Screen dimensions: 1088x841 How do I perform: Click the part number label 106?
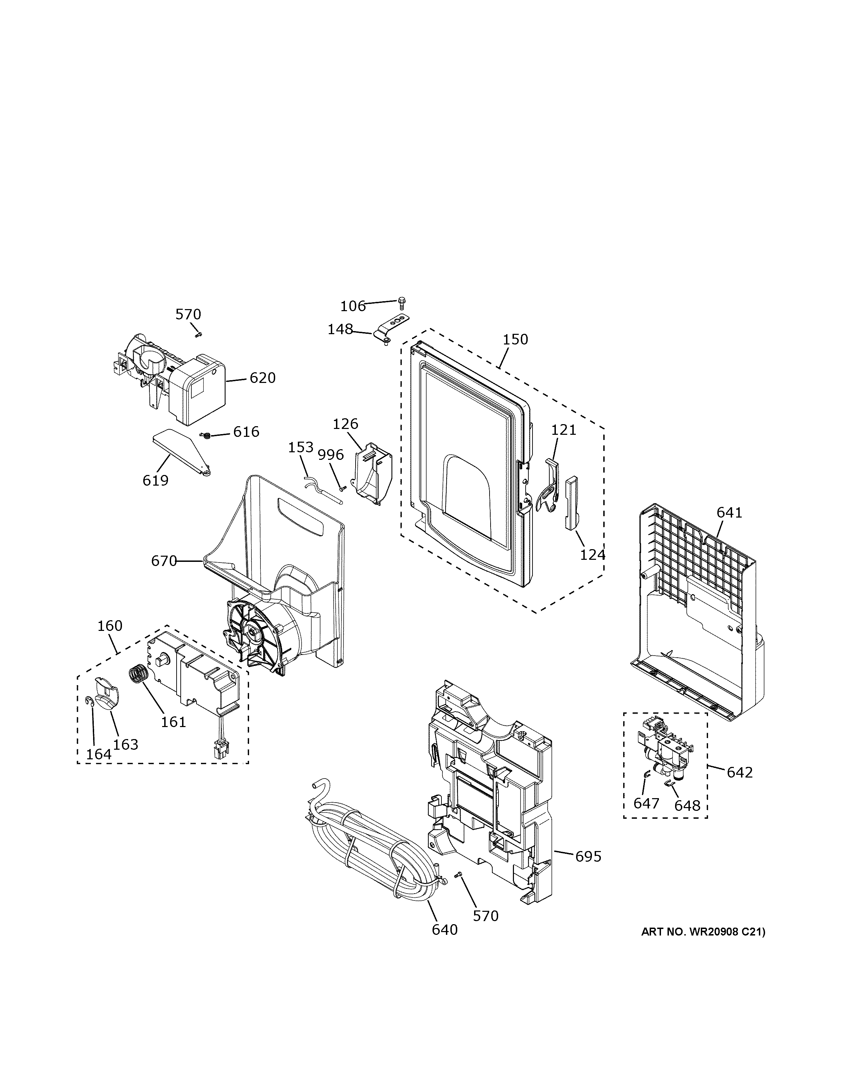353,306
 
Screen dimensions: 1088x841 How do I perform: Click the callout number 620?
262,378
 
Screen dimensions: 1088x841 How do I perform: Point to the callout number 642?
739,772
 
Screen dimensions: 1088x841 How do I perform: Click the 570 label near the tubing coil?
485,916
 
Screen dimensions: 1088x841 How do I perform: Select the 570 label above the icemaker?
188,314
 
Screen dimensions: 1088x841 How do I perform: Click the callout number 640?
445,930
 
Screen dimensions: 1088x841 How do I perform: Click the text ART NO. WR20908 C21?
703,932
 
